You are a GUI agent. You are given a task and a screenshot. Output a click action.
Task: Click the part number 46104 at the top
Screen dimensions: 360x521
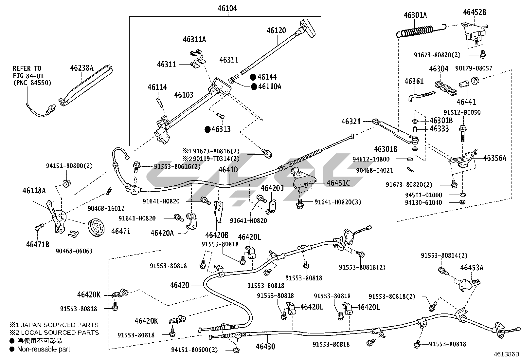pos(227,8)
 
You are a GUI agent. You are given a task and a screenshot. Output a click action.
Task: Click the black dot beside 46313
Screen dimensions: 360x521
pos(207,129)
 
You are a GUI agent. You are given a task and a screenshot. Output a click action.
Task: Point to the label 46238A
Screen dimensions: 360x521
pos(81,68)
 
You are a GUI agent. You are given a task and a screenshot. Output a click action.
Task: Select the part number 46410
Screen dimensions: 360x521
pos(228,170)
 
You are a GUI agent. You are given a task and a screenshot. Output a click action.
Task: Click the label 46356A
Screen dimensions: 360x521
pos(494,158)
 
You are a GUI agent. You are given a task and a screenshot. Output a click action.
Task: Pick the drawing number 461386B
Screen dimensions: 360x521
pos(506,354)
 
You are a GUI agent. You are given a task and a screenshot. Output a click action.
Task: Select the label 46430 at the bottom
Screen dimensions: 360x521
pos(265,346)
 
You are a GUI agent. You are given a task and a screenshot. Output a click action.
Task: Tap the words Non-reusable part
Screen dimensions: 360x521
pos(44,349)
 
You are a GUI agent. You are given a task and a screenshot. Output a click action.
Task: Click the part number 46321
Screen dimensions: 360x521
pos(351,122)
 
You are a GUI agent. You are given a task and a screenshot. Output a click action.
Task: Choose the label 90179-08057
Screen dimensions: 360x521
pos(478,68)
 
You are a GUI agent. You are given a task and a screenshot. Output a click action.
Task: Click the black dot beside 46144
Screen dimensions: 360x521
pos(253,77)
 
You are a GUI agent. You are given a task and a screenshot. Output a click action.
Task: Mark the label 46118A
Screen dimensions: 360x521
pos(34,190)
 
